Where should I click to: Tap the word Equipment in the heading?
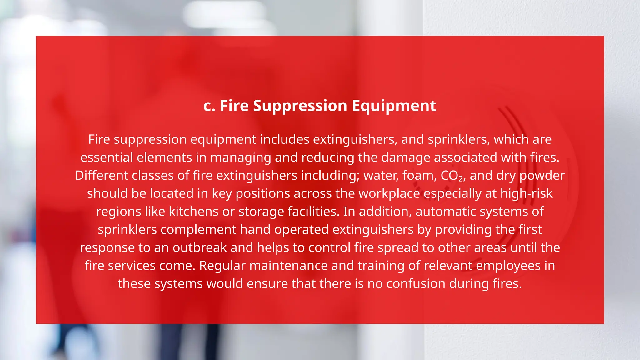tap(394, 106)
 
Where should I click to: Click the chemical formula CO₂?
tap(452, 176)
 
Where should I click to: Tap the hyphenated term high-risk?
tap(526, 194)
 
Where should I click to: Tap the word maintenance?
tap(288, 266)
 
